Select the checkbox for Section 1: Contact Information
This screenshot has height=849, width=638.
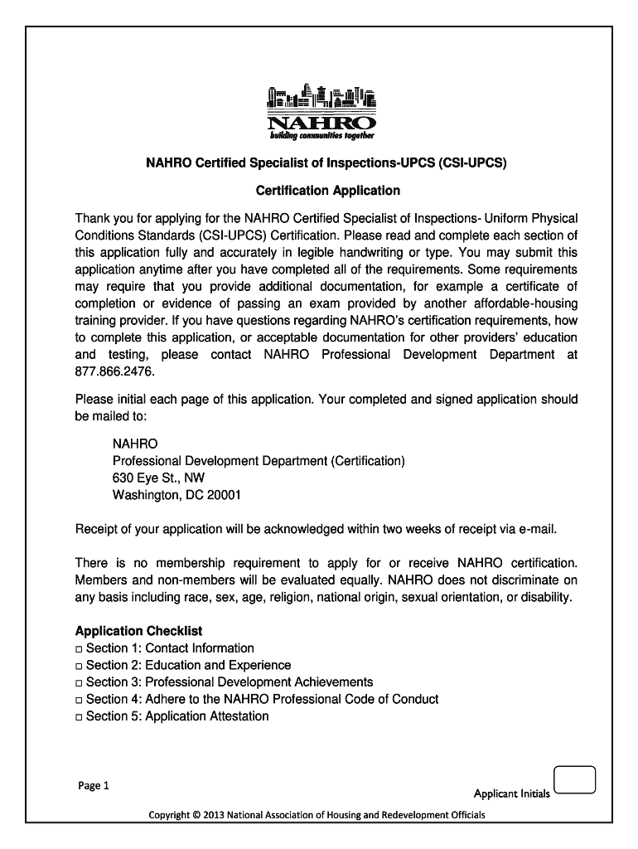(x=79, y=649)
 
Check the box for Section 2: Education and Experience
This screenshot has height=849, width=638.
(x=79, y=666)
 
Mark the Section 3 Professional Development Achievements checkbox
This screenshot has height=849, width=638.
(x=79, y=682)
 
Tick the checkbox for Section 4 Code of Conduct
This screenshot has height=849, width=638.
(x=79, y=700)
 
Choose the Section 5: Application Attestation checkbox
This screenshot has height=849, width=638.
(x=79, y=716)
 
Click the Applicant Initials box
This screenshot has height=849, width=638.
(x=573, y=781)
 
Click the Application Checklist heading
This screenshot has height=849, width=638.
(x=138, y=631)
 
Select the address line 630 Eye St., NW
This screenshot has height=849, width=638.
(x=158, y=478)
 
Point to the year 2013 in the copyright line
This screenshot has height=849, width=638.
(x=213, y=815)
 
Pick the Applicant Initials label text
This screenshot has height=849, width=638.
(x=511, y=793)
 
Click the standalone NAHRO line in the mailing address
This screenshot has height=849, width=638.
(x=134, y=444)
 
